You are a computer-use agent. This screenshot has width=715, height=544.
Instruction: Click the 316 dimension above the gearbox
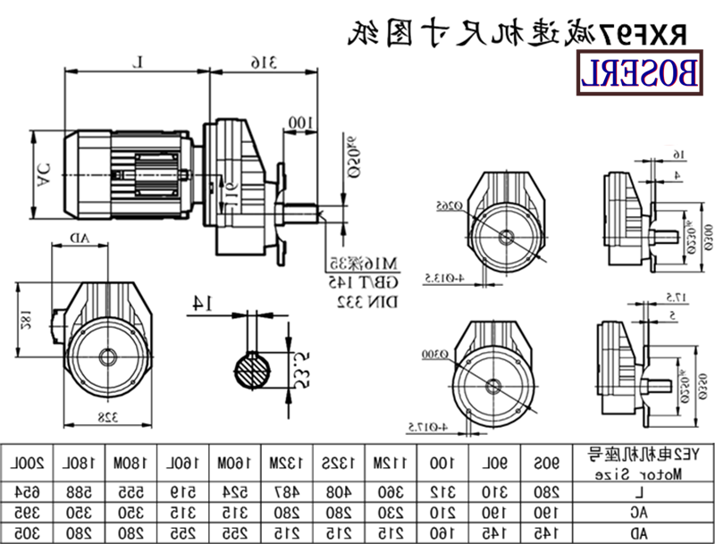pyautogui.click(x=262, y=62)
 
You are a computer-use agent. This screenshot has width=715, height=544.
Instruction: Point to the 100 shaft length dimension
pyautogui.click(x=300, y=121)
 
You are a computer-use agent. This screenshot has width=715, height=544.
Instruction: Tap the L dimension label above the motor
pyautogui.click(x=138, y=62)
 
